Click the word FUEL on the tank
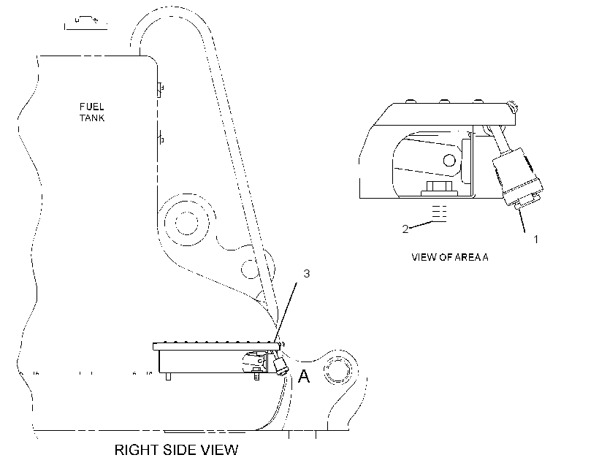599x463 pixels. [92, 107]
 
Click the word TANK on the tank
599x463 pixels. [92, 118]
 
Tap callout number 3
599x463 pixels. [306, 274]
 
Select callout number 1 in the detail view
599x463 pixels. [535, 239]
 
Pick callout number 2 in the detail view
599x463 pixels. [405, 229]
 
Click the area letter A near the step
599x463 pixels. [304, 376]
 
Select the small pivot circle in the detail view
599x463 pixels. [449, 160]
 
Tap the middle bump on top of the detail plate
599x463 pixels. [444, 102]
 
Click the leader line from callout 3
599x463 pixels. [286, 311]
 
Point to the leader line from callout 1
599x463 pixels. [521, 221]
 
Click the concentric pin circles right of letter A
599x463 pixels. [337, 370]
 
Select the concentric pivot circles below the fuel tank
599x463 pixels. [187, 222]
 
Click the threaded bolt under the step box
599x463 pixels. [256, 376]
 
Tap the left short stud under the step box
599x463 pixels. [168, 376]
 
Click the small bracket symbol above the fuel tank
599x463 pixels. [85, 23]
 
